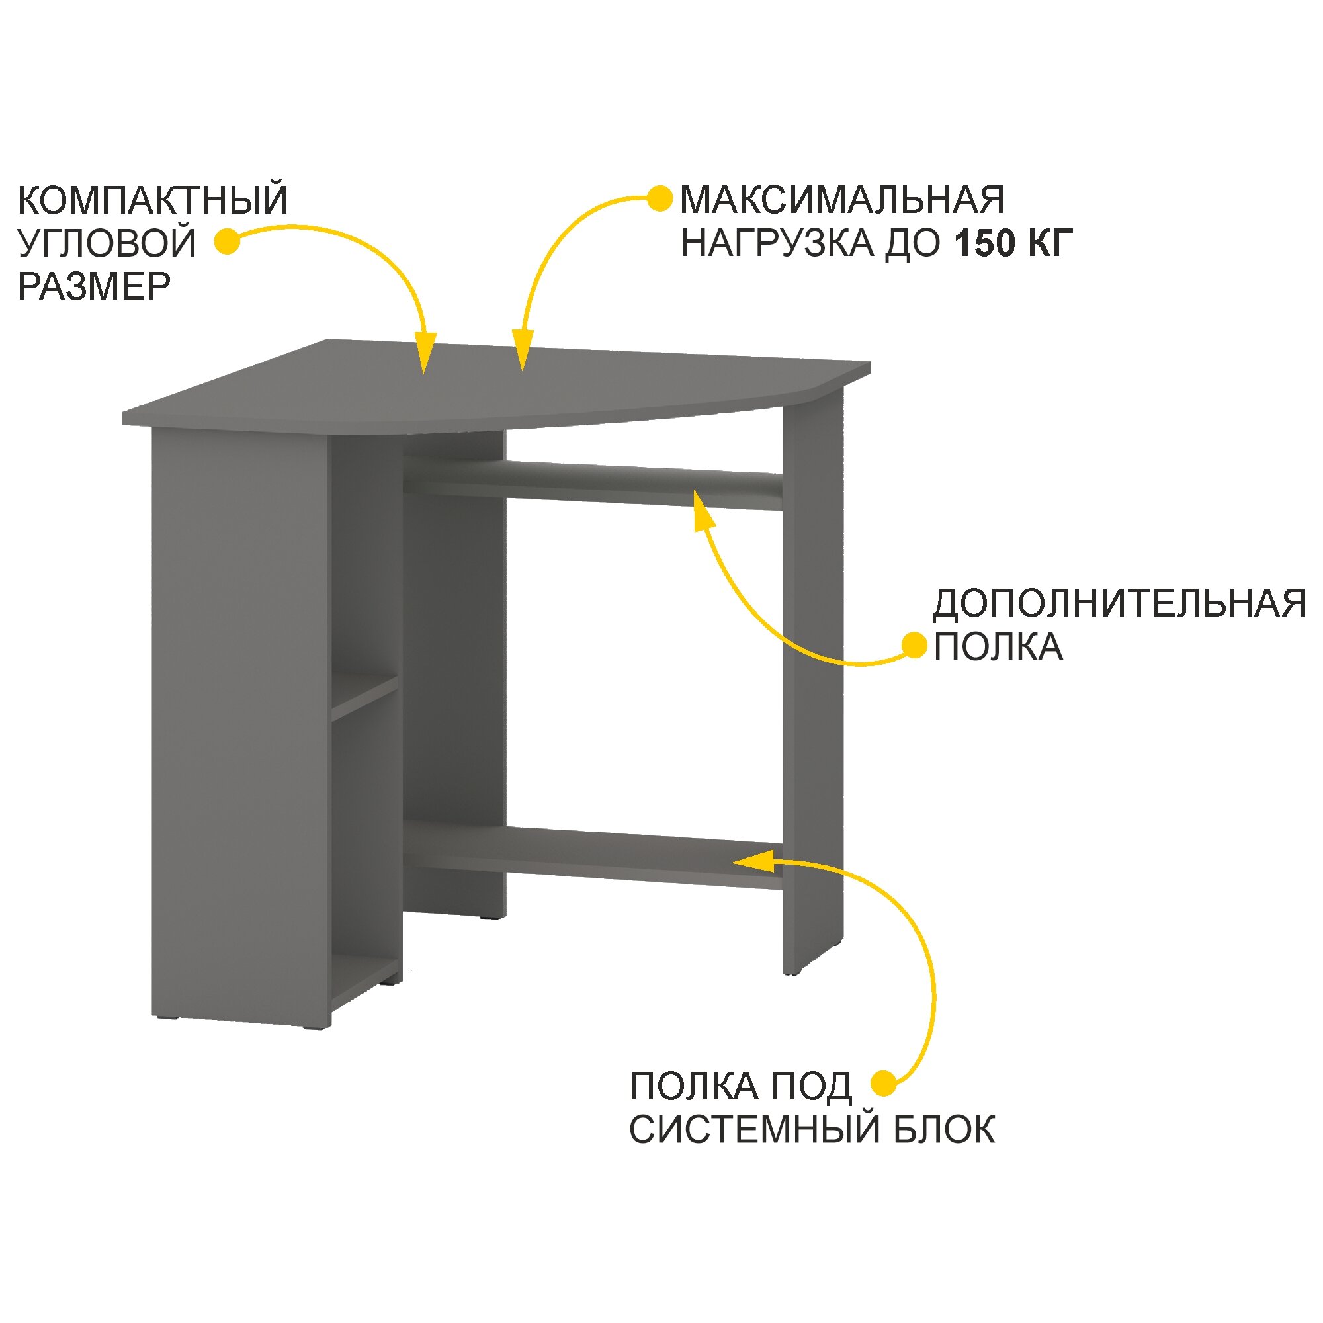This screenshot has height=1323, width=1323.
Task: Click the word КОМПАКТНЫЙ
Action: click(153, 200)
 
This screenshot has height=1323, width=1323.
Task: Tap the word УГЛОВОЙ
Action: click(107, 244)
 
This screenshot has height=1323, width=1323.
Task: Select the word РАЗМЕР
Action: click(94, 287)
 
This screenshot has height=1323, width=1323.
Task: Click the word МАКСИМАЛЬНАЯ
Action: click(842, 200)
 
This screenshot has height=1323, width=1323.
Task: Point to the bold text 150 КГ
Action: click(1013, 244)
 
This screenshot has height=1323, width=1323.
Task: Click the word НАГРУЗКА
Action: click(778, 244)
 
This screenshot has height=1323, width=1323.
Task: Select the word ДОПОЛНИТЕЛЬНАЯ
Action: click(1119, 604)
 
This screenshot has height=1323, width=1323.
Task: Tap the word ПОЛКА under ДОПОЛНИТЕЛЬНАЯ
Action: click(998, 647)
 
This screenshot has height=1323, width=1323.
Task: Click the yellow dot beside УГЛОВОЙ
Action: click(227, 241)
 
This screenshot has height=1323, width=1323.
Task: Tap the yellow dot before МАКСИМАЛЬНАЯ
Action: click(660, 198)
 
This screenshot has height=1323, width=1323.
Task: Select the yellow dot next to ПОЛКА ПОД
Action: click(883, 1084)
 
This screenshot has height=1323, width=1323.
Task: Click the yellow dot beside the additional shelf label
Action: click(914, 644)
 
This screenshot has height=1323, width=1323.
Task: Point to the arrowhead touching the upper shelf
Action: click(703, 510)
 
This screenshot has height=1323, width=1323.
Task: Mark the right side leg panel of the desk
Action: click(813, 685)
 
